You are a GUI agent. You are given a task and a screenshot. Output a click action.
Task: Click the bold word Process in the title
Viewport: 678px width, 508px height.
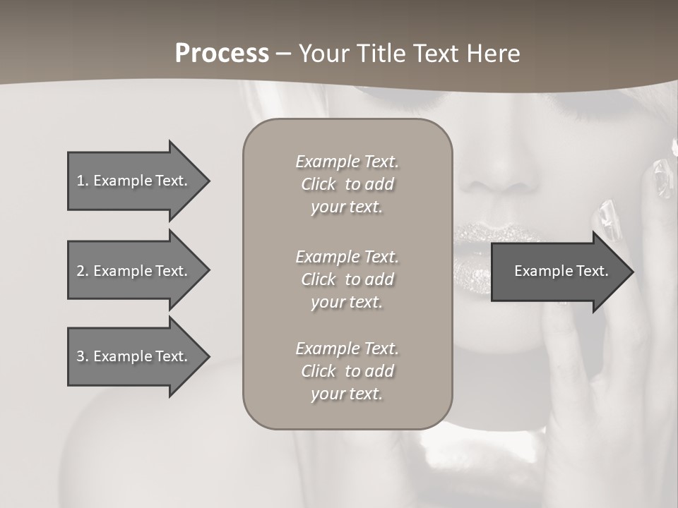pos(222,54)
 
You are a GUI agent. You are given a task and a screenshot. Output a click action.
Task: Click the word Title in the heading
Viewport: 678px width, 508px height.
pos(380,54)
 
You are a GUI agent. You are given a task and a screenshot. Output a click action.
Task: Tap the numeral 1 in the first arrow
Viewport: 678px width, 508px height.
pos(80,181)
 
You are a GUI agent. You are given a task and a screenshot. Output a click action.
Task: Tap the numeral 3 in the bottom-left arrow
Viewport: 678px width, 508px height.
pos(80,356)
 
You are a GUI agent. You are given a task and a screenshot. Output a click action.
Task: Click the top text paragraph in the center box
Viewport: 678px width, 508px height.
pos(347,184)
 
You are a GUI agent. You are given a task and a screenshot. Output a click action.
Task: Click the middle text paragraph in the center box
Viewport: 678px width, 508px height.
pos(347,279)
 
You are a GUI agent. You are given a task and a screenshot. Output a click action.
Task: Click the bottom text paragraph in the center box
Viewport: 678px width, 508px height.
pos(347,371)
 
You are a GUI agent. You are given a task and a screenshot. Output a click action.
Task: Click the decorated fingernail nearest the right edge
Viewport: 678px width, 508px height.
pos(662,176)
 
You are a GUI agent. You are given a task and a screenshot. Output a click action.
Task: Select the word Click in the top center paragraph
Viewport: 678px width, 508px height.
pos(319,184)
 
